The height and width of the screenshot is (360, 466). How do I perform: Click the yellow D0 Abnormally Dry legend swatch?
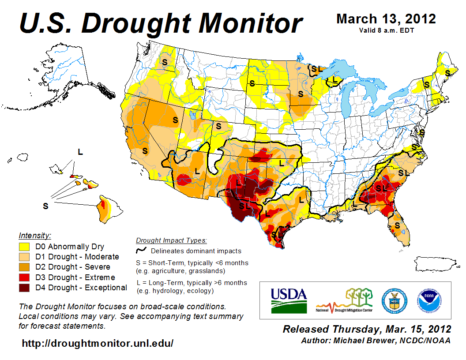[24, 247]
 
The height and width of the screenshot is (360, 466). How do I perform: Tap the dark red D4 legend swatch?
[24, 288]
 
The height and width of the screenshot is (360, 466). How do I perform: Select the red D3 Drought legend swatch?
[24, 277]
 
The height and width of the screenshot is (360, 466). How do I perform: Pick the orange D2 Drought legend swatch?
[24, 267]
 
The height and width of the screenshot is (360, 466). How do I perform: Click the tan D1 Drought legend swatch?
[24, 257]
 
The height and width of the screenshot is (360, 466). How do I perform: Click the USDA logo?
[288, 300]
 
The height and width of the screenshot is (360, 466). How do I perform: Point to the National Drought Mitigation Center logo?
[343, 300]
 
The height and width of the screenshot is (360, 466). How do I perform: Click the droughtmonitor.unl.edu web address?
[98, 343]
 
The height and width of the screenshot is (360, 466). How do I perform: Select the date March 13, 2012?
[386, 19]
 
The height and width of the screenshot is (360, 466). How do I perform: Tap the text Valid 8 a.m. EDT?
[386, 30]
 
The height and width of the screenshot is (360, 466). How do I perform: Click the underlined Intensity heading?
[35, 236]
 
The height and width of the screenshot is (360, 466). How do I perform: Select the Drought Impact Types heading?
[171, 240]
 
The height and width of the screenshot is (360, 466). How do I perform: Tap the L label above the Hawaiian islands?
[80, 152]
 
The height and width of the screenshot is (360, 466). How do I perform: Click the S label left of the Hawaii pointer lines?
[45, 206]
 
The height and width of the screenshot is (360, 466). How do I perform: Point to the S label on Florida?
[398, 225]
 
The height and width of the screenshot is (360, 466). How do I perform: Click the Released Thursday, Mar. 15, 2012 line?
[367, 330]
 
